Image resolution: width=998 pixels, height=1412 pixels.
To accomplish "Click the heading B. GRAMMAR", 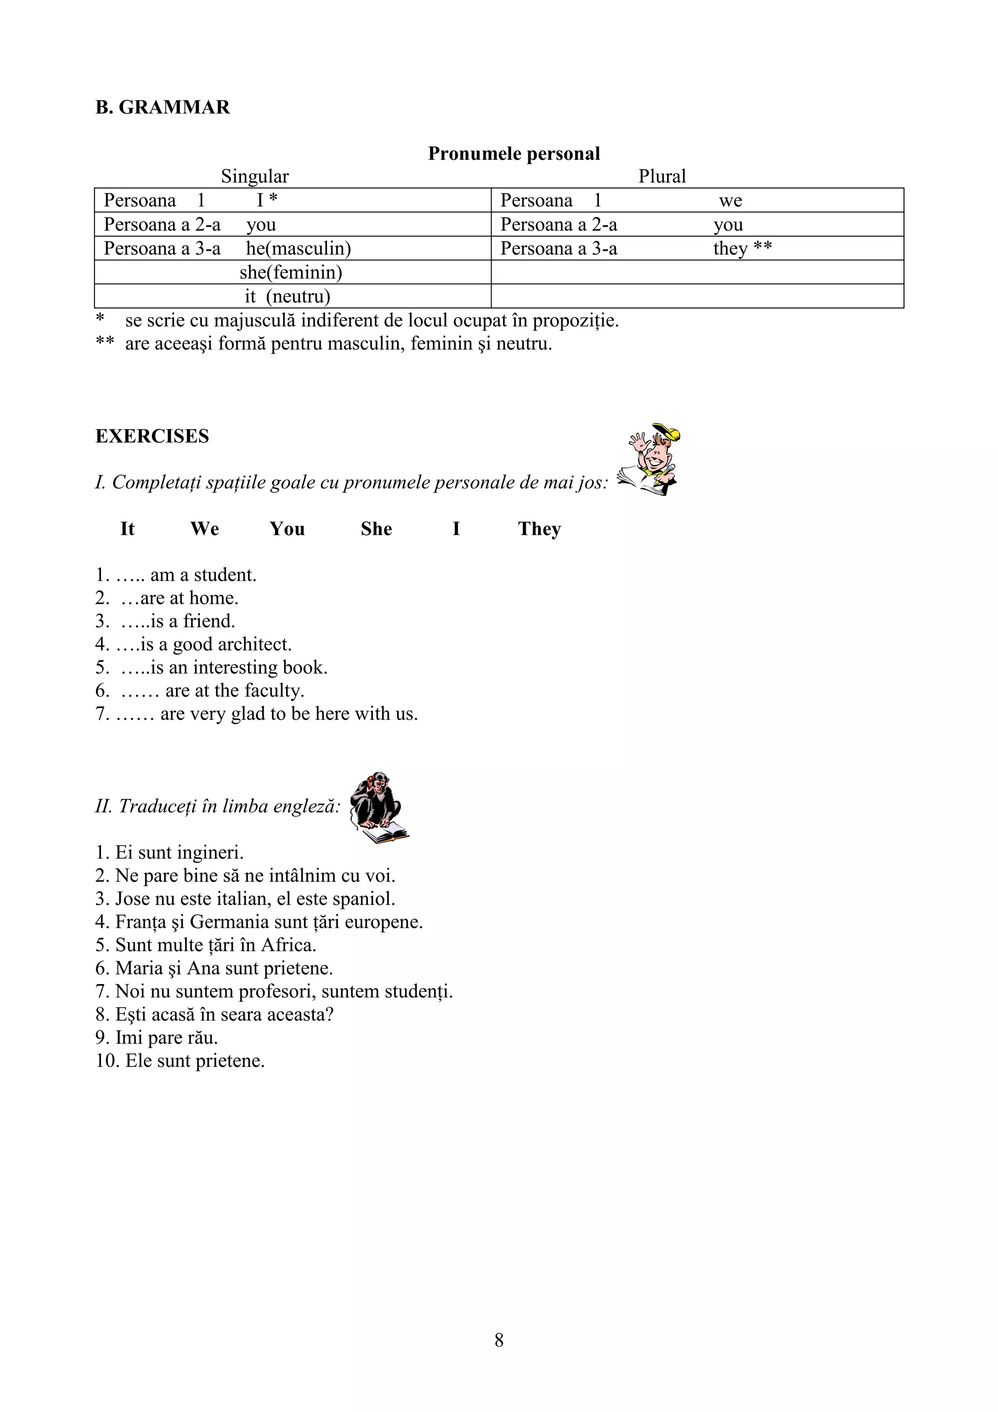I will [162, 108].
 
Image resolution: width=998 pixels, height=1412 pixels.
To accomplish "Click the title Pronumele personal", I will [514, 154].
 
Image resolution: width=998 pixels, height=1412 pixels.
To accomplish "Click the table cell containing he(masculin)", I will [298, 248].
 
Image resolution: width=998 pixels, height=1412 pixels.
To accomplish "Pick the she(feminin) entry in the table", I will [291, 272].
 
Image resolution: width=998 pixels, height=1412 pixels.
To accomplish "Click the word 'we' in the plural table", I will [730, 200].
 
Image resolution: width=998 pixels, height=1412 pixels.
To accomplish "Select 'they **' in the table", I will [742, 248].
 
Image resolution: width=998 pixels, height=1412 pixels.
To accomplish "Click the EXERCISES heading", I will [152, 437].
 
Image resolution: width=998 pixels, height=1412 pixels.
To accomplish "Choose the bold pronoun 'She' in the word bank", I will [376, 529].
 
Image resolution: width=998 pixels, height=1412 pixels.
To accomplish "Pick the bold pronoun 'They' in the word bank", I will [539, 529].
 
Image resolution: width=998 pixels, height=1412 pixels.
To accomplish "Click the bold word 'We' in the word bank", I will [205, 529].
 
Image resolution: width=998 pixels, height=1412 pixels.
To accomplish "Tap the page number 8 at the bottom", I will [499, 1340].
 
